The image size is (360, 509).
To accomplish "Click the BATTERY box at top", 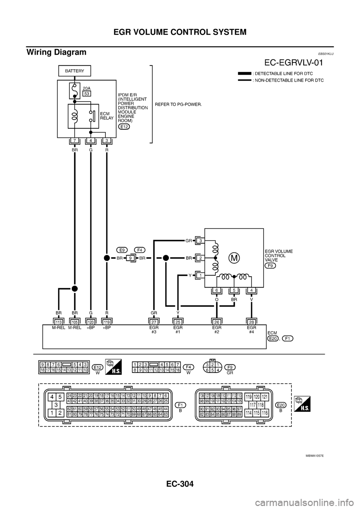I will pos(75,70).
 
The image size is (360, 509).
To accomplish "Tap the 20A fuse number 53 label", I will pos(87,94).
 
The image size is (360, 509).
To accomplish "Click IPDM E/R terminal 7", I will pos(75,141).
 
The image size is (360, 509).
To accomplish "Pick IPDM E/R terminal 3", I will pos(107,141).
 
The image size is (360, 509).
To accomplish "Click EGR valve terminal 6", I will pos(217,290).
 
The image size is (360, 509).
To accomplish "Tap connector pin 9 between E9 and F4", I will pos(130,258).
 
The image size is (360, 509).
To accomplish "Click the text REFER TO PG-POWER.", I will pos(178,104).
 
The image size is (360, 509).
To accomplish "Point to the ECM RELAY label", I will pos(106,115).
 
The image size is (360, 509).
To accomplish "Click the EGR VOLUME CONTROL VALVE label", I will pos(279,255).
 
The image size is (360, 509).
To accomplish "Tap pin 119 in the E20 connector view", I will pos(249,397).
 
